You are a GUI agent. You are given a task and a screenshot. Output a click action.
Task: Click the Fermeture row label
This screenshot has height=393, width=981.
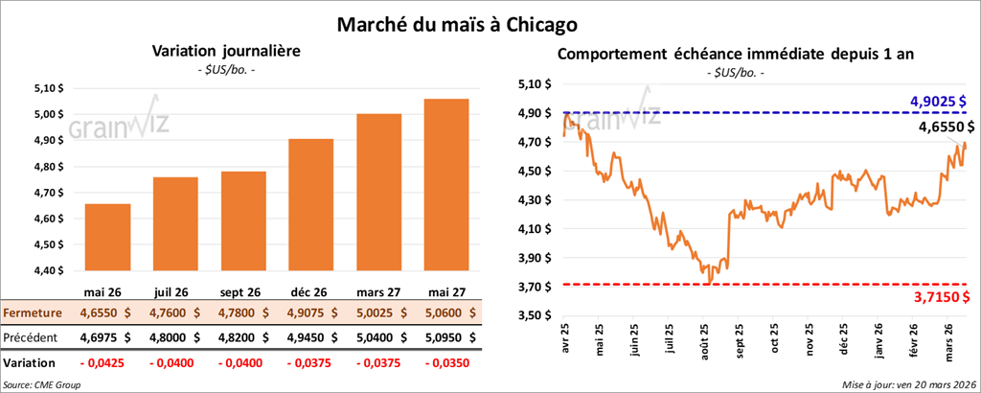34,312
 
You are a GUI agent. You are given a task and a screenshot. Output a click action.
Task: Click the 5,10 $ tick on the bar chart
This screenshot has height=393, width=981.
47,87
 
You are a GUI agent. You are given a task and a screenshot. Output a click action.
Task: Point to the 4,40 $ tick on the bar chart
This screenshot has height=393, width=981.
47,270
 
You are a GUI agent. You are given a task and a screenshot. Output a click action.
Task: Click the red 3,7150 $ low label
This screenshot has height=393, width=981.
939,299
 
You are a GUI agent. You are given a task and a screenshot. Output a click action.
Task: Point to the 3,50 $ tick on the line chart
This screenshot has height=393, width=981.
534,315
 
